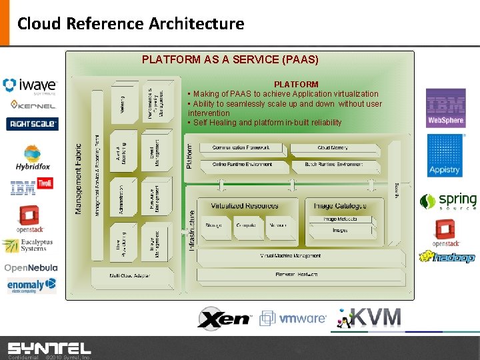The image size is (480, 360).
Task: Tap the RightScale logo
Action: pos(32,123)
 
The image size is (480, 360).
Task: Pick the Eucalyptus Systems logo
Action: pos(25,246)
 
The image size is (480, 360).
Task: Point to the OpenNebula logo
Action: pos(31,267)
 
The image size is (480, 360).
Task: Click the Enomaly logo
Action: pos(31,285)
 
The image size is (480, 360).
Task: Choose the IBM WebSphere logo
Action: pos(445,109)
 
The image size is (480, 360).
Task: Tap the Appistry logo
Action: pos(445,155)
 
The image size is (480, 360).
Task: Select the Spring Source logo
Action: pos(448,201)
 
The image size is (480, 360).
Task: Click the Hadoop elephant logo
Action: pos(447,257)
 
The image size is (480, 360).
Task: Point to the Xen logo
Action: pos(224,319)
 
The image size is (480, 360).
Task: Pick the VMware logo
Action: pos(293,319)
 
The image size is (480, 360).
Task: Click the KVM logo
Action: pos(369,318)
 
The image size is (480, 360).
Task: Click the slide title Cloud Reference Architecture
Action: pos(131,24)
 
